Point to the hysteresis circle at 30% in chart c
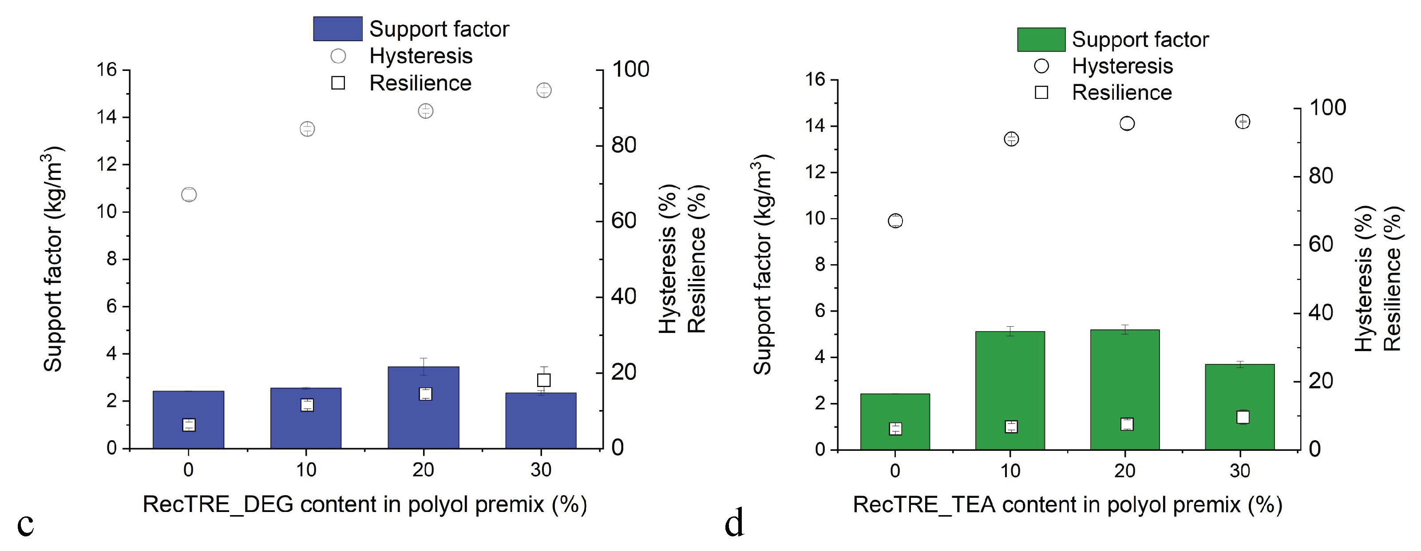point(544,90)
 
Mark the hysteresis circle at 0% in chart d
point(895,221)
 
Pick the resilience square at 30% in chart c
point(544,380)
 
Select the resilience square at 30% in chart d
point(1242,417)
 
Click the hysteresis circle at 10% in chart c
point(307,129)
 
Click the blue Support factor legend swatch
point(337,29)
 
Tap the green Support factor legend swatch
point(1041,39)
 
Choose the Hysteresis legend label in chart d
point(1122,66)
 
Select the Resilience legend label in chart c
point(420,83)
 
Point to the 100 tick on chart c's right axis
point(630,70)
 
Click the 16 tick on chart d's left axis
point(815,79)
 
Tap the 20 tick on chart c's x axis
point(423,470)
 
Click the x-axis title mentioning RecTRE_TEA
point(1067,505)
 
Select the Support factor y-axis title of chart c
point(54,259)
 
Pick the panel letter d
point(734,524)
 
